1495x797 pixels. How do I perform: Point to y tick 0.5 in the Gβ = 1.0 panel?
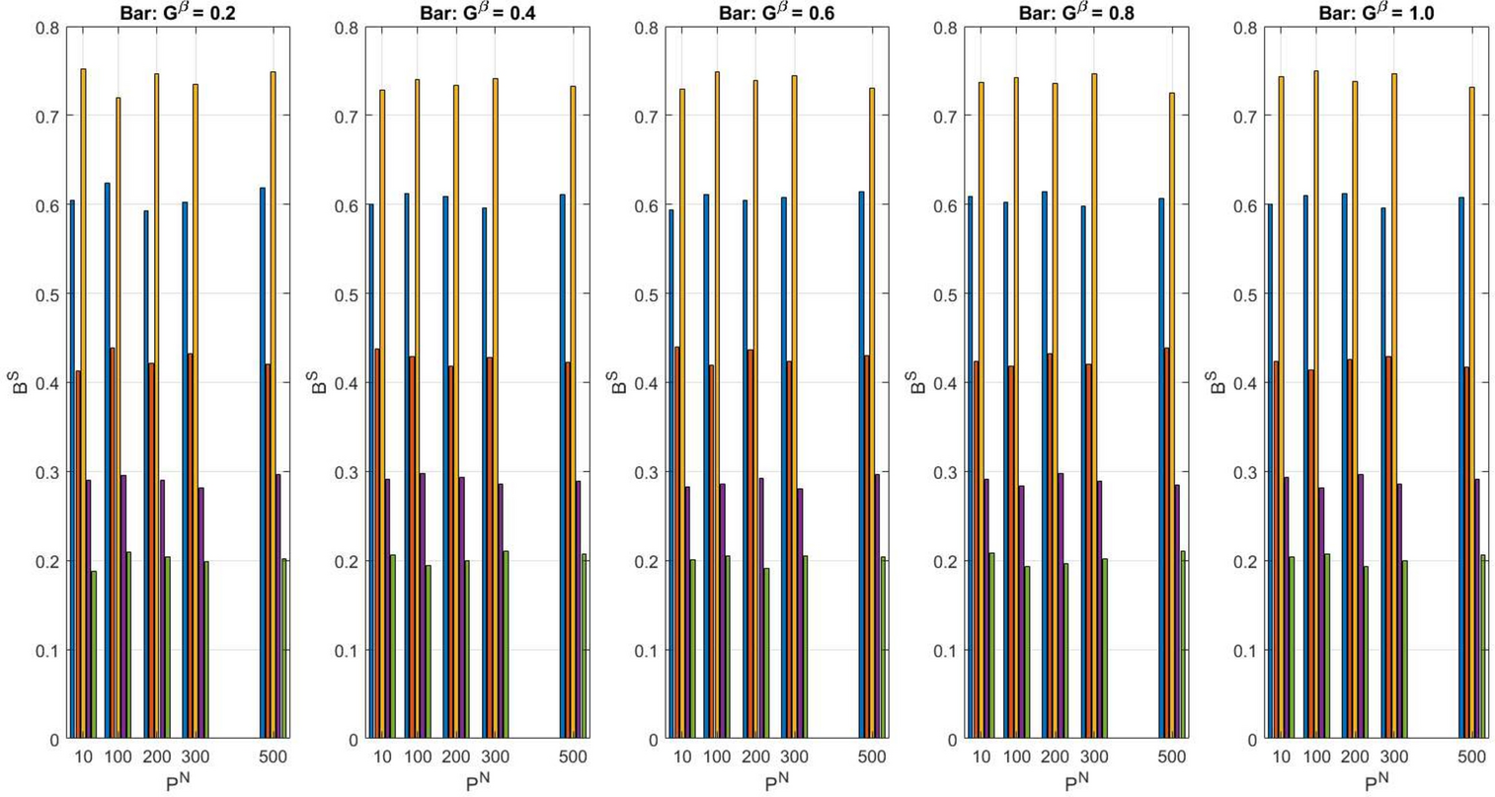pyautogui.click(x=1246, y=294)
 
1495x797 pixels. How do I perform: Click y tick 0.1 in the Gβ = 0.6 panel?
pyautogui.click(x=646, y=650)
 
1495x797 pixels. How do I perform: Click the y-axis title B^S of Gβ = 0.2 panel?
pyautogui.click(x=19, y=382)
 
